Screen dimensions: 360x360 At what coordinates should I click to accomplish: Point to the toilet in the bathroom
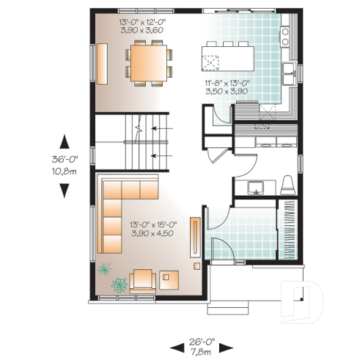[x=287, y=183]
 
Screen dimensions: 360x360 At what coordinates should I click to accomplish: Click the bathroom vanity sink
[x=256, y=186]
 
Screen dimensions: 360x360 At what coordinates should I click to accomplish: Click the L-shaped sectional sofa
[x=117, y=213]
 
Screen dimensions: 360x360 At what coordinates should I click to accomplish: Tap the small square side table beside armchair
[x=171, y=278]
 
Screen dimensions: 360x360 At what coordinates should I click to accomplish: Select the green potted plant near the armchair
[x=117, y=283]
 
